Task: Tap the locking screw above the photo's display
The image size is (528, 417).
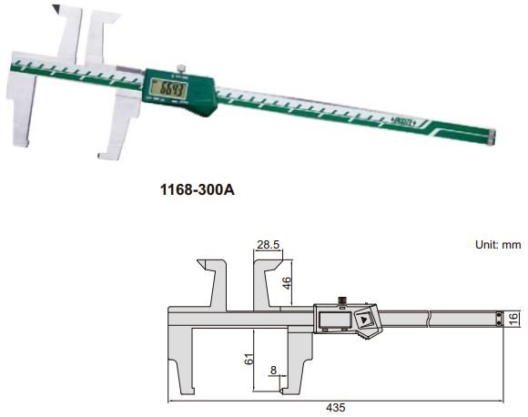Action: tap(182, 67)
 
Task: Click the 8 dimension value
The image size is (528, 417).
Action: tap(274, 371)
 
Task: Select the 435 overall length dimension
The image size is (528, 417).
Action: tap(336, 409)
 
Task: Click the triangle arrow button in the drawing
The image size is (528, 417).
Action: tap(363, 320)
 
